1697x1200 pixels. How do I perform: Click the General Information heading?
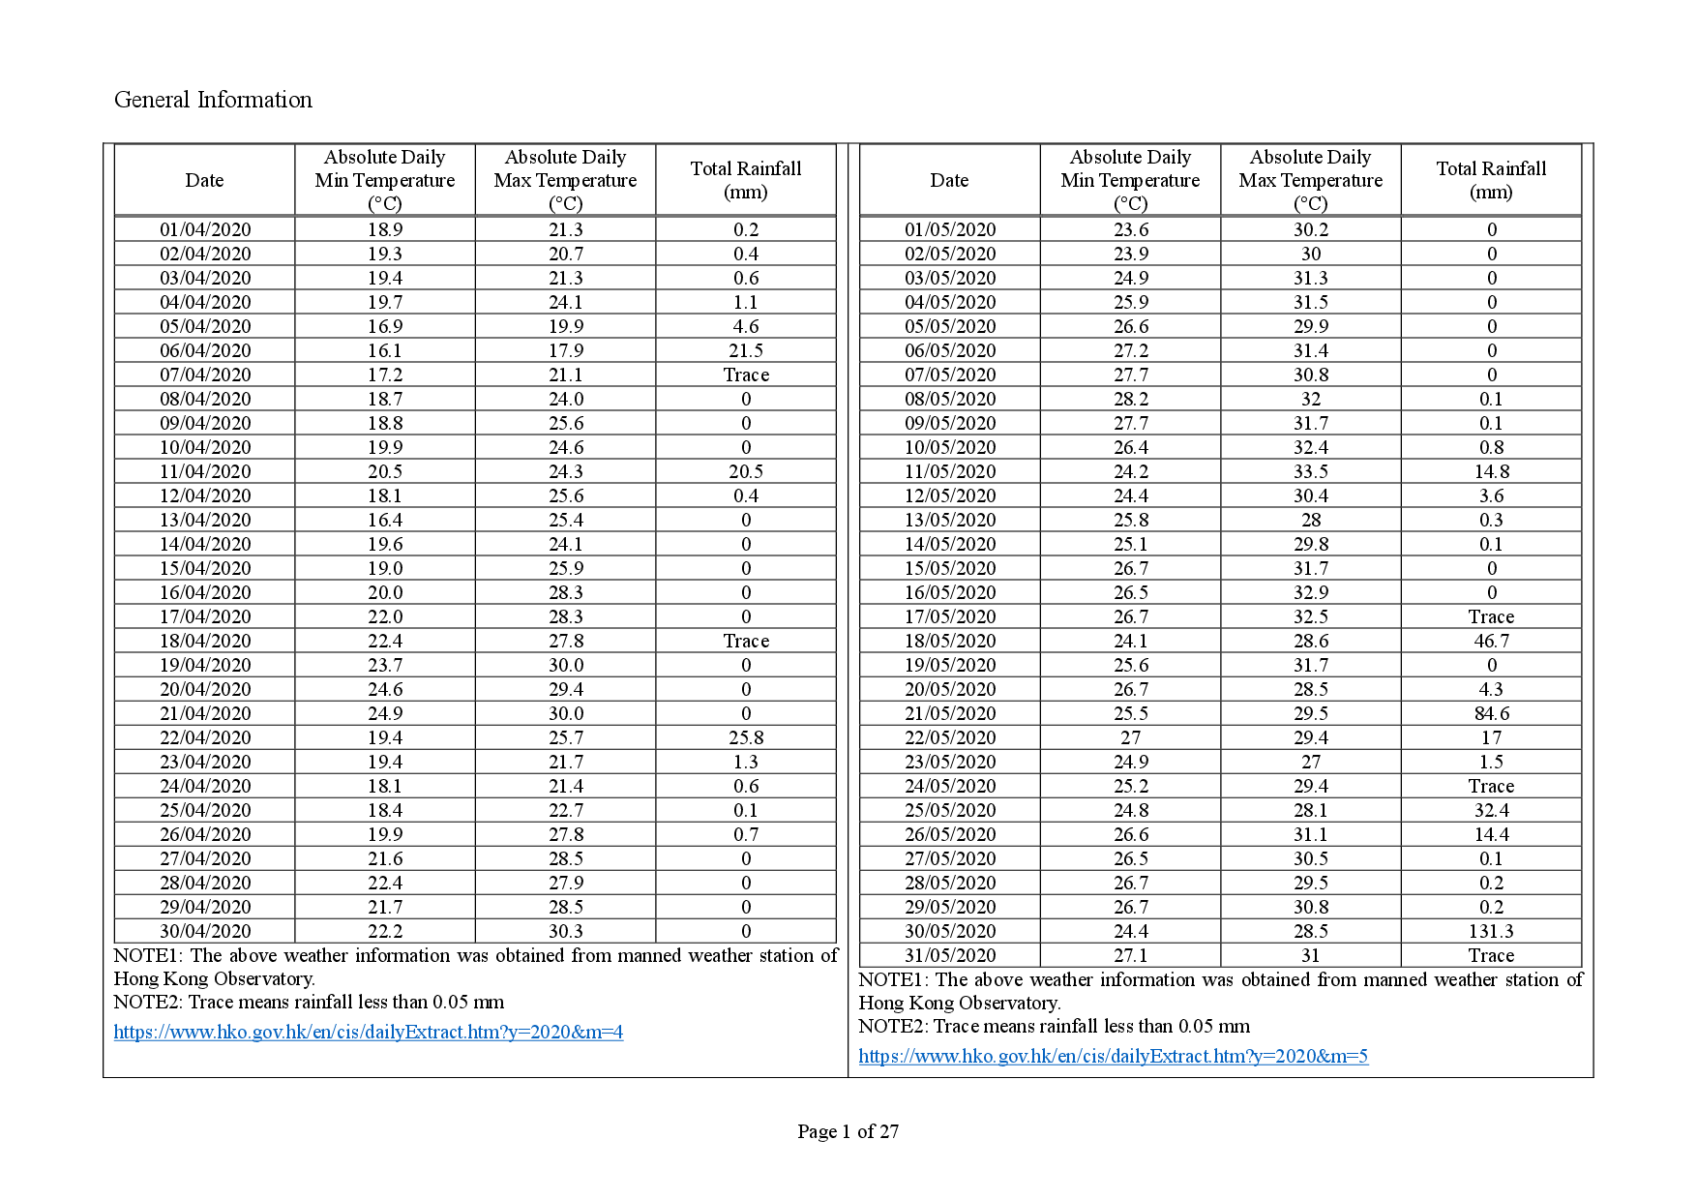tap(213, 100)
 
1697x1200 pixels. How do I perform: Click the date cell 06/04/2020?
tap(205, 350)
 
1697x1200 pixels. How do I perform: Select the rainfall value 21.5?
tap(746, 350)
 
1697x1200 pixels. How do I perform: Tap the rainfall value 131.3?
tap(1491, 931)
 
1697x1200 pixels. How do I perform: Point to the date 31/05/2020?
tap(950, 955)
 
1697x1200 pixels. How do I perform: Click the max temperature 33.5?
tap(1311, 471)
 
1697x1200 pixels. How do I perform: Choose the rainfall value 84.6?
tap(1491, 713)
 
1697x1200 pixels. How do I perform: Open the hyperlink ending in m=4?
tap(368, 1032)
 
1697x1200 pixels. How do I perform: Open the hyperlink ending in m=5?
tap(1113, 1056)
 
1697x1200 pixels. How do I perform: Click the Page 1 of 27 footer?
tap(848, 1131)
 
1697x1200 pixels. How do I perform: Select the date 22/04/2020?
tap(205, 737)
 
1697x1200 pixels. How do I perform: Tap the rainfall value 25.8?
tap(746, 737)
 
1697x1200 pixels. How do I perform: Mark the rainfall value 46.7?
tap(1491, 641)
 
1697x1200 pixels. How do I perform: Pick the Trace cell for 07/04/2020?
tap(746, 375)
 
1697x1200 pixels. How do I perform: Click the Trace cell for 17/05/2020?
tap(1491, 616)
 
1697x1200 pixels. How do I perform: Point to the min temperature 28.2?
tap(1130, 399)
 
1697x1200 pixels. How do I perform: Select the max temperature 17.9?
tap(566, 350)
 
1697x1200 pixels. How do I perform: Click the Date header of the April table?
tap(204, 180)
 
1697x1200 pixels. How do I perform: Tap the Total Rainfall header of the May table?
tap(1491, 180)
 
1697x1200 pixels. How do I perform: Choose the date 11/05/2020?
tap(950, 471)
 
